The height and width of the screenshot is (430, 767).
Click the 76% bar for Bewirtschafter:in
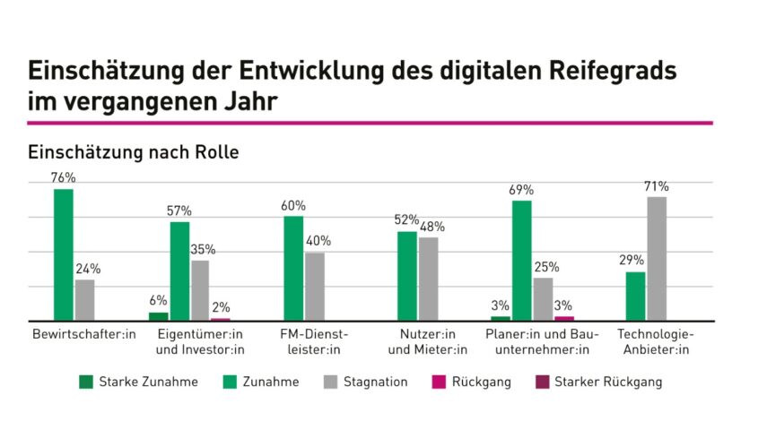tap(64, 255)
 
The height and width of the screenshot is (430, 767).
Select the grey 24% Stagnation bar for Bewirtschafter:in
tap(84, 300)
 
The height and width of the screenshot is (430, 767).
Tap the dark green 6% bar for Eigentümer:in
tap(159, 315)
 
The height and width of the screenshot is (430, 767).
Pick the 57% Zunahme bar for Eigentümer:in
tap(179, 271)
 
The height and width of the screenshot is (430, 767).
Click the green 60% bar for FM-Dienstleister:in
tap(293, 268)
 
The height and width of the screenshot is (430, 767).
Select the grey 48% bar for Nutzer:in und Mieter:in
tap(429, 279)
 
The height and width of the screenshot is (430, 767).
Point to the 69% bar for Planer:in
tap(521, 260)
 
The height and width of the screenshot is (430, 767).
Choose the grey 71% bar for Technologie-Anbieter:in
tap(657, 258)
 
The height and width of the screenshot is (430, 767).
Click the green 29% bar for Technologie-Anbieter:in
tap(635, 296)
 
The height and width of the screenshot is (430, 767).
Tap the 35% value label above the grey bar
tap(202, 250)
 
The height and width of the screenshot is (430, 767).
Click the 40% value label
tap(318, 241)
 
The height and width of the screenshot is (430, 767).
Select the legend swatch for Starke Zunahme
tap(87, 383)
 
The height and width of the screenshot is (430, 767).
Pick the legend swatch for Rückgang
tap(433, 383)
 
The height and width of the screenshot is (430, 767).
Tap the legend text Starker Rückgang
tap(608, 383)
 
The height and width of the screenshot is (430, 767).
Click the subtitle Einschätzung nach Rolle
tap(133, 152)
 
